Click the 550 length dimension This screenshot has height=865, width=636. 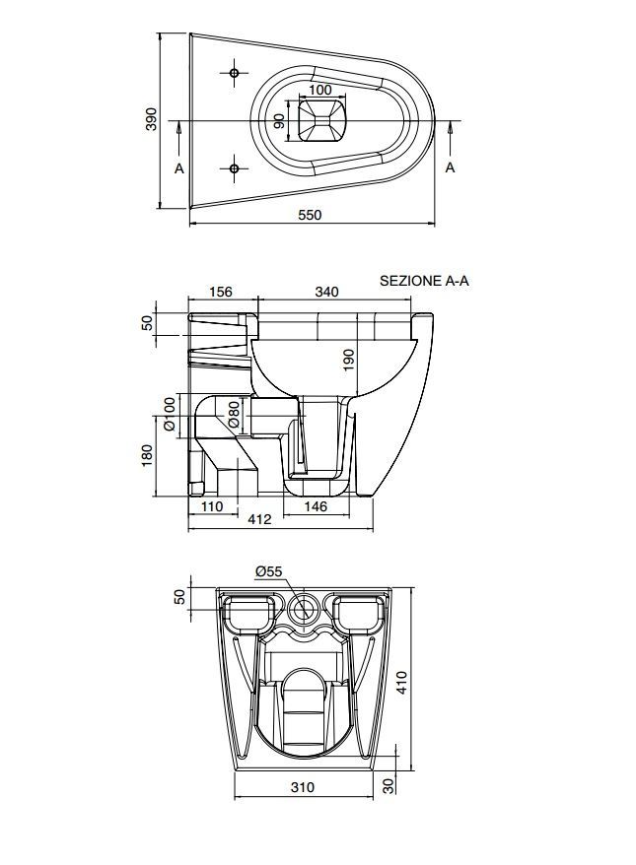point(310,215)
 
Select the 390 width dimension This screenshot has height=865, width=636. point(151,119)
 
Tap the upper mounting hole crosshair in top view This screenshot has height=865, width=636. point(234,73)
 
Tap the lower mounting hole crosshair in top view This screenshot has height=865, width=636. point(234,168)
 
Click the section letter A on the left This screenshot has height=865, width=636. point(178,168)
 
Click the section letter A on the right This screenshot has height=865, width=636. point(450,167)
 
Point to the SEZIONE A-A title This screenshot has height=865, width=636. point(424,281)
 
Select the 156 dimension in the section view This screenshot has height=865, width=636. point(221,292)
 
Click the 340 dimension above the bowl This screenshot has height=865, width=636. point(326,292)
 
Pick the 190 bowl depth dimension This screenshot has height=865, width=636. point(348,360)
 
